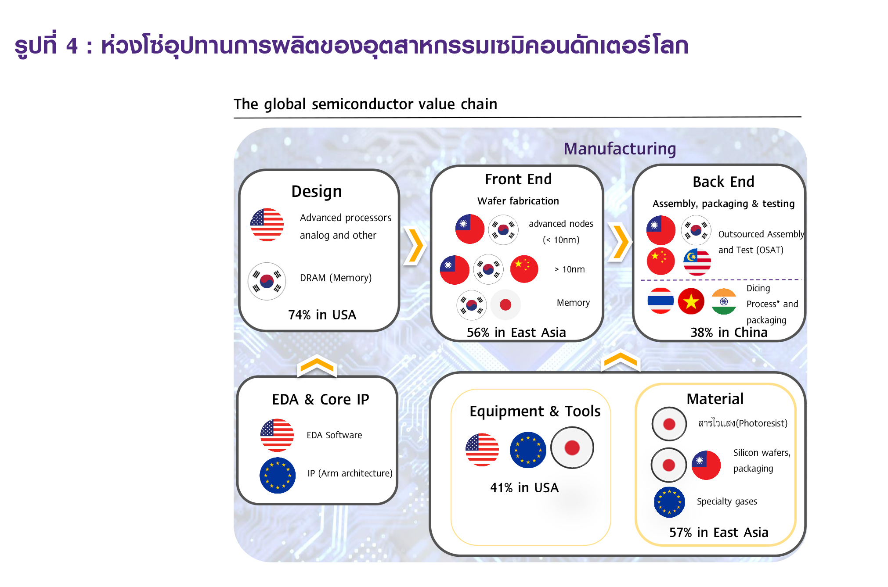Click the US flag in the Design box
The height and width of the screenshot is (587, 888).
(267, 225)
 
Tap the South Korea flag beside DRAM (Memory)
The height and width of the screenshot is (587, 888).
(267, 281)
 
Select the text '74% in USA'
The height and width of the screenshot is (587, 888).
(322, 315)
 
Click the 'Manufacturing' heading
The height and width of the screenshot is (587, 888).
(620, 149)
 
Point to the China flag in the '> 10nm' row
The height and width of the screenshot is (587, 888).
(524, 269)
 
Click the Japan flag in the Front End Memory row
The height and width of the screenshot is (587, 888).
(505, 304)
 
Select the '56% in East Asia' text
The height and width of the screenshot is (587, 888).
(516, 333)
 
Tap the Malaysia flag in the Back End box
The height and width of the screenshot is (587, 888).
(697, 262)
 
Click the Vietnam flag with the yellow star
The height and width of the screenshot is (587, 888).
(691, 301)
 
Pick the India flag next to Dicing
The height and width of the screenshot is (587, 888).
(724, 301)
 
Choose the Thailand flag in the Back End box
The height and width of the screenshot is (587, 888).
(661, 301)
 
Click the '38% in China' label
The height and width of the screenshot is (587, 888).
(729, 333)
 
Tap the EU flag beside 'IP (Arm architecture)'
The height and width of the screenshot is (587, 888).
(278, 476)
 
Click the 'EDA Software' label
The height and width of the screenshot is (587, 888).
(334, 435)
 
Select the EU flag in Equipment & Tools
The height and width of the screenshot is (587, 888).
(528, 450)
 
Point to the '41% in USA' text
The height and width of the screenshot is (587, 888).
(524, 488)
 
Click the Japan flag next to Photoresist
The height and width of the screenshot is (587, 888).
(669, 424)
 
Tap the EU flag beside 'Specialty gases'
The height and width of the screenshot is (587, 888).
(669, 502)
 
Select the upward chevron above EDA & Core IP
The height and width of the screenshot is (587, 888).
(317, 367)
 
